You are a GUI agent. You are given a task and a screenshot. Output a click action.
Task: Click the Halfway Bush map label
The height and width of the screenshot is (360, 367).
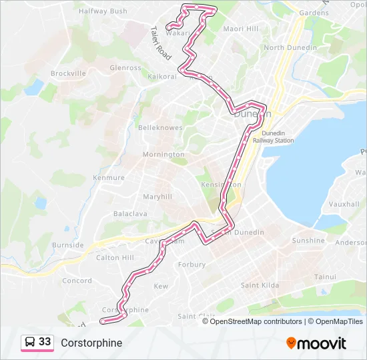[103, 11]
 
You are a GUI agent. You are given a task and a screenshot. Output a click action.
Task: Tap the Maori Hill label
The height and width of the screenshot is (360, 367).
[241, 29]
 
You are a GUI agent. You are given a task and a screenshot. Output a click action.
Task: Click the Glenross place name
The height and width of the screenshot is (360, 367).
[125, 68]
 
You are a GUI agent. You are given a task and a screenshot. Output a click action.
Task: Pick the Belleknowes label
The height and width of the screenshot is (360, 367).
[160, 127]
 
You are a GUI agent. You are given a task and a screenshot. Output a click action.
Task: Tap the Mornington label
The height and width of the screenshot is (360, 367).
[163, 155]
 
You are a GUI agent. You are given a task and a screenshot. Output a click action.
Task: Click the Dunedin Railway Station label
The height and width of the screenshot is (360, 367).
[278, 137]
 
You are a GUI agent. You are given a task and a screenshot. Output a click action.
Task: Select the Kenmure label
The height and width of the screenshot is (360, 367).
[109, 178]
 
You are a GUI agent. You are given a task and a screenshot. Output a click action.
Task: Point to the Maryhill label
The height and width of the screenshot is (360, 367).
[157, 197]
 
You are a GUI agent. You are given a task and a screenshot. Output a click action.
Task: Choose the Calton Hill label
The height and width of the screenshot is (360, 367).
[115, 257]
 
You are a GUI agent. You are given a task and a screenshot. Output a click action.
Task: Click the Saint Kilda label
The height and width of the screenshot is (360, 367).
[260, 285]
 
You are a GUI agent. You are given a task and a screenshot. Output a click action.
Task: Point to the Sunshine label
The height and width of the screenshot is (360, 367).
[308, 241]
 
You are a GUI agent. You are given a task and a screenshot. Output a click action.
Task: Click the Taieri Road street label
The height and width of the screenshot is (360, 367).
[161, 41]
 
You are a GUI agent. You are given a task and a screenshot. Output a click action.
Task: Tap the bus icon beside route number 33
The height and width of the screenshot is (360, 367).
[30, 342]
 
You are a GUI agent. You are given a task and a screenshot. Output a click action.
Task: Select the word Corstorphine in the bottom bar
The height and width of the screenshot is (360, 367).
[91, 343]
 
